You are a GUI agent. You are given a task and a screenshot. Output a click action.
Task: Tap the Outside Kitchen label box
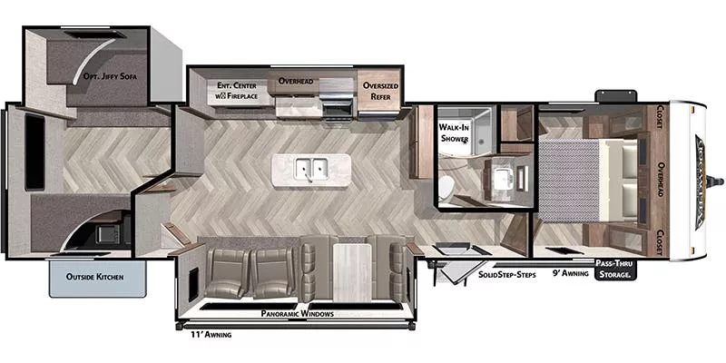[95, 276]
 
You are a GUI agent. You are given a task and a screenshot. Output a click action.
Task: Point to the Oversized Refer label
[381, 92]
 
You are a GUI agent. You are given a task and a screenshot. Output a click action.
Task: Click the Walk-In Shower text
[454, 132]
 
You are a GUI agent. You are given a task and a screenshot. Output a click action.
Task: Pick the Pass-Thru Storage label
[613, 270]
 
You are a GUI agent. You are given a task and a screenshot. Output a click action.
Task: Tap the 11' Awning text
[211, 335]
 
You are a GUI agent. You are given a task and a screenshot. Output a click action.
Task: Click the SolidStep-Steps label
[506, 273]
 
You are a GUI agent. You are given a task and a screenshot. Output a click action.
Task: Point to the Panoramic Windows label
[298, 314]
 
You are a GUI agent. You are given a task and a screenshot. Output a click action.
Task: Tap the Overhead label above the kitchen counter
[295, 81]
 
